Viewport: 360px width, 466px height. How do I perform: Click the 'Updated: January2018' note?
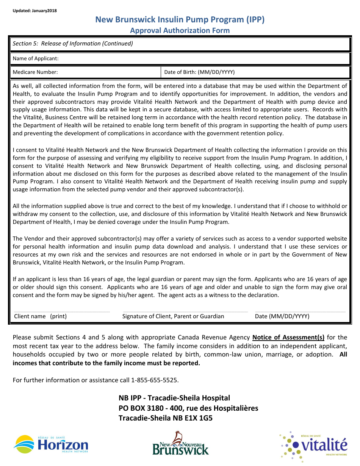point(34,11)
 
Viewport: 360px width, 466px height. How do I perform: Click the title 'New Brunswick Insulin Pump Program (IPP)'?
point(180,20)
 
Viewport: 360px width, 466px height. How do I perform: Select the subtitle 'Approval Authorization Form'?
point(180,30)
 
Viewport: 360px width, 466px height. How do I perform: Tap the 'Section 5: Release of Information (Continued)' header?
point(73,44)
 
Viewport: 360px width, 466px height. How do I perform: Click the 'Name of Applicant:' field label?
point(36,58)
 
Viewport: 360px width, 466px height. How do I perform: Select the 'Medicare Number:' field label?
point(35,72)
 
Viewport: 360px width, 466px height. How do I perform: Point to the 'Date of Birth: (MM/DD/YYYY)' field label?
point(199,72)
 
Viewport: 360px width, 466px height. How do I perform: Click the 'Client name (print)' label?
point(40,316)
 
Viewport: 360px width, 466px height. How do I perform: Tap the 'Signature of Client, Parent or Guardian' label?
point(173,316)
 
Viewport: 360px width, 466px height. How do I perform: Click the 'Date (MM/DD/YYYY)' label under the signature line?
point(282,316)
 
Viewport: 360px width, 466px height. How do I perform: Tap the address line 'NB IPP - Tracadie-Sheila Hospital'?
point(174,398)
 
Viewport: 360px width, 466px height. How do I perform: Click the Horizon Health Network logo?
point(51,444)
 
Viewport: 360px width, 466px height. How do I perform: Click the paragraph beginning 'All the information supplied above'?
point(180,214)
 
